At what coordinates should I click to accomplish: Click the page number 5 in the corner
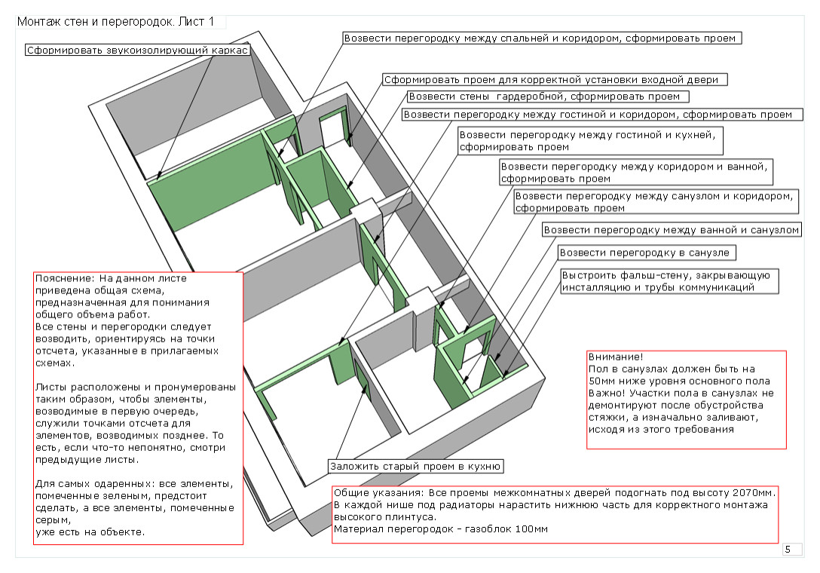tap(788, 550)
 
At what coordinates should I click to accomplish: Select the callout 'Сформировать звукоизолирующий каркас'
tap(136, 51)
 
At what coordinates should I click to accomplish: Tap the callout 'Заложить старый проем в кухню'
tap(415, 466)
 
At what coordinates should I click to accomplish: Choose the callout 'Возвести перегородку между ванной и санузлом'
tap(672, 229)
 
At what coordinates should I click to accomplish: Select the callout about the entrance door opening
tap(555, 79)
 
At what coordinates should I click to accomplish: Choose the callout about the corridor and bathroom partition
tap(637, 173)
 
